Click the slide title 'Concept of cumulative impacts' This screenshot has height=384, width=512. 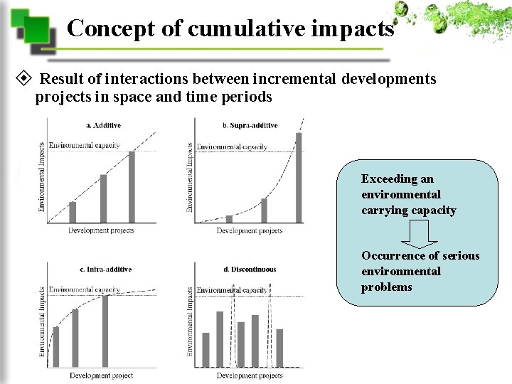(230, 28)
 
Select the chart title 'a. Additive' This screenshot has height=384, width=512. (103, 125)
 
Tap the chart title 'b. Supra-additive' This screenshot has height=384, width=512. (250, 125)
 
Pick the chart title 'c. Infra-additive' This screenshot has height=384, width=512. (105, 270)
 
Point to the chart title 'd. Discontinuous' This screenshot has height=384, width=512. (249, 270)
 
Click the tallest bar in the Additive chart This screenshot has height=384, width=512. (131, 187)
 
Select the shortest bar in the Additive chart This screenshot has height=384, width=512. (72, 212)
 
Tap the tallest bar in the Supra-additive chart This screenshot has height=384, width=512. (299, 178)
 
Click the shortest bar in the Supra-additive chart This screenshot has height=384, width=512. (229, 219)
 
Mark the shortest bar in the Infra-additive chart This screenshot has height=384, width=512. (56, 346)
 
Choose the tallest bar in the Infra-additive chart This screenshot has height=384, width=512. (105, 331)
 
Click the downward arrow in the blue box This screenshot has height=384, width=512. (419, 233)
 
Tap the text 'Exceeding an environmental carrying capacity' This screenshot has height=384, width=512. (408, 194)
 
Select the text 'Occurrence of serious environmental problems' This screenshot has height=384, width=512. (420, 271)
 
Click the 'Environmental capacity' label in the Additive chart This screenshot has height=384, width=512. (84, 145)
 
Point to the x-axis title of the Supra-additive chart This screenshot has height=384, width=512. (249, 230)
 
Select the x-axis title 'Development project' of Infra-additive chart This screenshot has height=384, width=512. (101, 375)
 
